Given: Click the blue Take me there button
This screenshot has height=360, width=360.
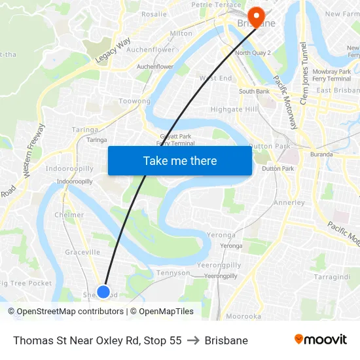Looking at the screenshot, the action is click(180, 160).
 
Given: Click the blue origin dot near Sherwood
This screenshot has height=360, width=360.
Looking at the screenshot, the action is click(103, 292).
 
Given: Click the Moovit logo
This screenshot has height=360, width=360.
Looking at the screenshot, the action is click(321, 340).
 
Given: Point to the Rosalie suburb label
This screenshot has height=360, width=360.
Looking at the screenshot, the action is click(154, 14).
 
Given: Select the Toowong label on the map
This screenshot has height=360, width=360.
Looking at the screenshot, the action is click(135, 101).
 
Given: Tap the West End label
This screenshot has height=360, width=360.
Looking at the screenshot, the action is click(216, 79).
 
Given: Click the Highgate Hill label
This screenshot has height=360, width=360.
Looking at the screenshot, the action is click(234, 109).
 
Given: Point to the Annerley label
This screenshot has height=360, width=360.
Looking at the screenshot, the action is click(289, 203).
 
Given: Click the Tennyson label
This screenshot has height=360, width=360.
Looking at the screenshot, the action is click(173, 273).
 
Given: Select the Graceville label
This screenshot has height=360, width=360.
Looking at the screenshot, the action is click(82, 252).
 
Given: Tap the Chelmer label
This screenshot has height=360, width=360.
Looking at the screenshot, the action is click(69, 215).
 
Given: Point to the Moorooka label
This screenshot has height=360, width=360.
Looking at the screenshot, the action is click(243, 316).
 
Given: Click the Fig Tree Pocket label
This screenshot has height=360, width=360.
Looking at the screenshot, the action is click(26, 283).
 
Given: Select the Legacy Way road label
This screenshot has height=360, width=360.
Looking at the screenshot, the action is click(113, 51).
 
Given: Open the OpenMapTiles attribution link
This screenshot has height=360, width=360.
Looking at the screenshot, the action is click(166, 312).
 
